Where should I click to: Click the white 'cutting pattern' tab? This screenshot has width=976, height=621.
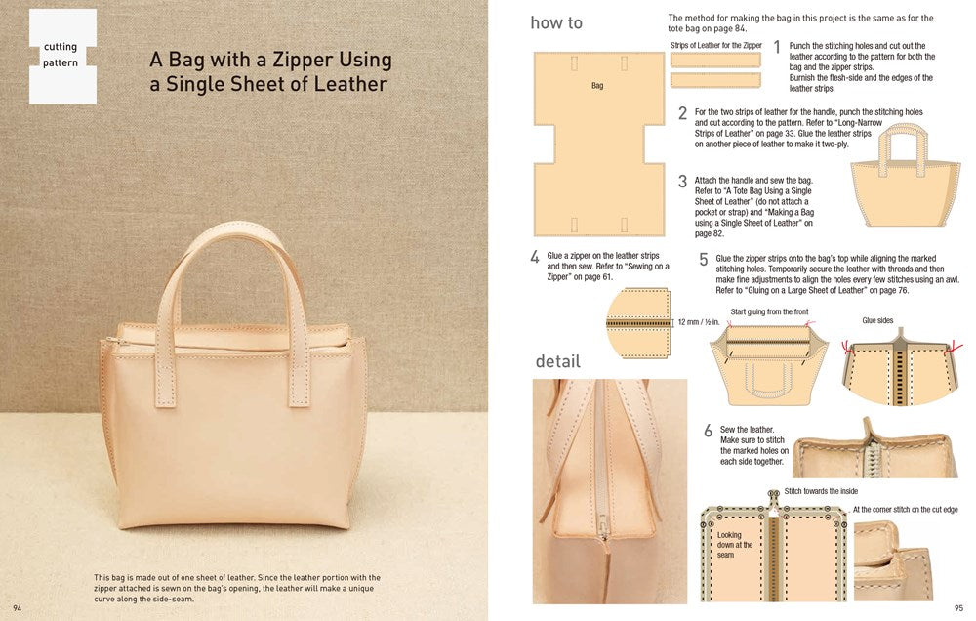pos(62,56)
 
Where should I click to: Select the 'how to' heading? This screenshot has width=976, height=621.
pos(556,22)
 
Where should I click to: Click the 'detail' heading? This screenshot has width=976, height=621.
pos(557,361)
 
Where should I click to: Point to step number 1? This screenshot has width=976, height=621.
pos(777,47)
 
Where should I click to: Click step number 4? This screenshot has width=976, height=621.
pos(535,258)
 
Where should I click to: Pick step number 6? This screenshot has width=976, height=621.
pos(708,431)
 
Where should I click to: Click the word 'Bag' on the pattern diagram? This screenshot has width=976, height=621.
pos(597,86)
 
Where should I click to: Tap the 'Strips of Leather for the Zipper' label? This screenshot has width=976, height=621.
pos(715,45)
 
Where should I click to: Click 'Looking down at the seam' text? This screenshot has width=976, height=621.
pos(735,545)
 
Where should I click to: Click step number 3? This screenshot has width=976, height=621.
pos(683,182)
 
